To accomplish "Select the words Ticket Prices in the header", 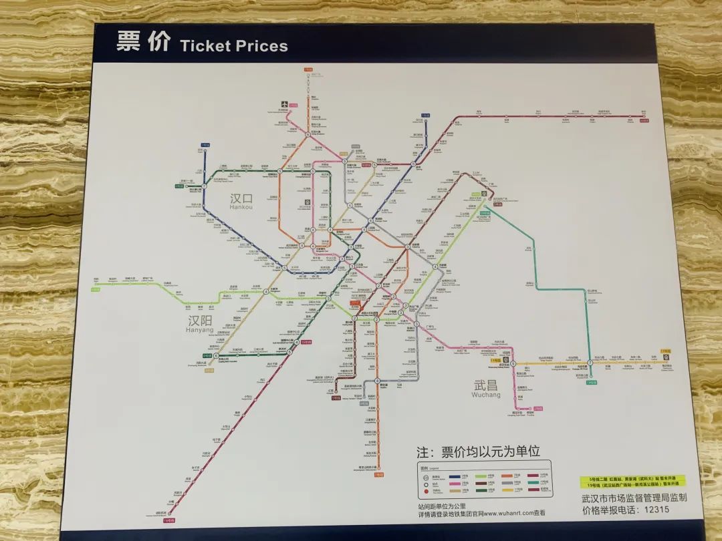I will [x=233, y=46].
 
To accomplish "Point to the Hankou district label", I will [x=241, y=202].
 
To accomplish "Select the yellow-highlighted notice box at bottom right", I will [x=628, y=483].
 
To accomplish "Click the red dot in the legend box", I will [x=424, y=494].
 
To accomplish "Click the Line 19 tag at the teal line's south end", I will [x=590, y=382].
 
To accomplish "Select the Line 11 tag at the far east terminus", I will [x=665, y=351].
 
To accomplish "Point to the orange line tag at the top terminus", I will [x=308, y=69].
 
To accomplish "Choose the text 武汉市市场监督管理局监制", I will [x=634, y=498].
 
